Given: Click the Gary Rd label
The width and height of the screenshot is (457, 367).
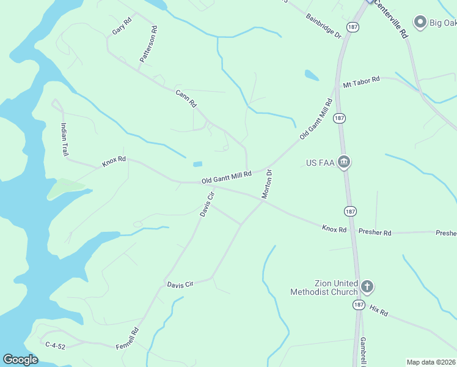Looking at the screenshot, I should (122, 26).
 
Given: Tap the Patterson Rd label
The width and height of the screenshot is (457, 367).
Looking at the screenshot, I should (148, 44).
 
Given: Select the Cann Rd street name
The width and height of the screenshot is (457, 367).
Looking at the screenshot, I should (185, 98).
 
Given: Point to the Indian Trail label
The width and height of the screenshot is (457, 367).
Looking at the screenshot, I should (64, 139).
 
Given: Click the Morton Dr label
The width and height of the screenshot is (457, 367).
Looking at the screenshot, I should (267, 184).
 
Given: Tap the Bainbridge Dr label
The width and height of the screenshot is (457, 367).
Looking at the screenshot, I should (323, 26).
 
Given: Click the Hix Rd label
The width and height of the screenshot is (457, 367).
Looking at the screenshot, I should (379, 311).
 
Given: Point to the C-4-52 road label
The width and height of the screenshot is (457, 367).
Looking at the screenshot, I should (56, 346).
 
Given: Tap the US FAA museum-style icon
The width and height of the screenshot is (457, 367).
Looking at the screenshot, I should (344, 162).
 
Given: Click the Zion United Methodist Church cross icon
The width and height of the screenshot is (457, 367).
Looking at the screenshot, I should (367, 286).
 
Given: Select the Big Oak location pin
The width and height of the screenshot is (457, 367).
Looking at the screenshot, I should (420, 23).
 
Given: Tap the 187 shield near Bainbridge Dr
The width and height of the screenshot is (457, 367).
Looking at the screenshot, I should (352, 27).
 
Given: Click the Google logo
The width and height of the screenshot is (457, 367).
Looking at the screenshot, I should (20, 360).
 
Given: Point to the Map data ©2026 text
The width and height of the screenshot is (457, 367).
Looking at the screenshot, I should (431, 362).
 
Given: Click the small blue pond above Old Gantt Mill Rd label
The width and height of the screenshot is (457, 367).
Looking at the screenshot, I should (197, 164).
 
